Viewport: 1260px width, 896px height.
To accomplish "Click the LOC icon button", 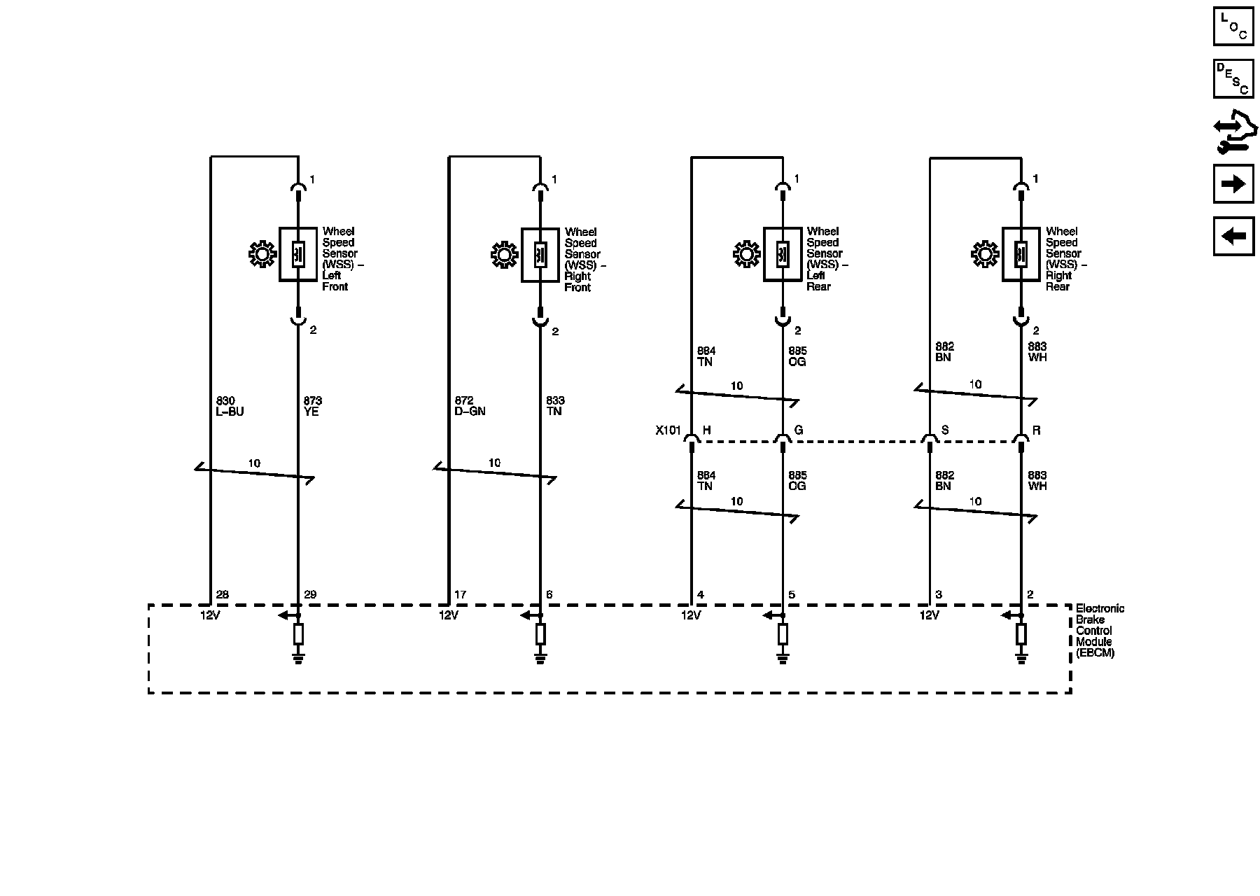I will click(1233, 27).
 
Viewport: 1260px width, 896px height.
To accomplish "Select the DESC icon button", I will click(1233, 78).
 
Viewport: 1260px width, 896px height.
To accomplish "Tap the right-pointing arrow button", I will click(1233, 183).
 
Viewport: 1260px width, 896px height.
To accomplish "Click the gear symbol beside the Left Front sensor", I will click(262, 254).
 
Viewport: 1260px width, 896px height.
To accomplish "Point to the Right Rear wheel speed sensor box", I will click(1021, 254).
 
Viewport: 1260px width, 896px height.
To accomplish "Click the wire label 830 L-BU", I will click(230, 406).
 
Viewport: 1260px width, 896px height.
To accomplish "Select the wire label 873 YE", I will click(312, 406).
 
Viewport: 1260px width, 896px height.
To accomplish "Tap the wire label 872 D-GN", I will click(470, 406).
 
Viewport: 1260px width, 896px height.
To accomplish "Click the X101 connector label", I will click(668, 430).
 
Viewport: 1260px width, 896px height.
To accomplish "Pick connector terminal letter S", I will click(945, 430).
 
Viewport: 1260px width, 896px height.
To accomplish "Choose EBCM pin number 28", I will click(222, 595).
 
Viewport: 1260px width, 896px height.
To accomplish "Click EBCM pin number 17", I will click(460, 595).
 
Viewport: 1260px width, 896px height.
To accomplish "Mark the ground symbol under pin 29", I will click(298, 657).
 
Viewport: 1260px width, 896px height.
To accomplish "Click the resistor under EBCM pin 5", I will click(783, 634).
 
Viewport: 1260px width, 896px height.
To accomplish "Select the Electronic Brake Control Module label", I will click(1100, 630).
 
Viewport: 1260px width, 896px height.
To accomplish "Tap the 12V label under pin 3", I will click(929, 615).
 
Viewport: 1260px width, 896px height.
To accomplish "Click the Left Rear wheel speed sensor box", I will click(782, 254).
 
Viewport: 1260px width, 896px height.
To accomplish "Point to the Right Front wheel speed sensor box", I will click(540, 255).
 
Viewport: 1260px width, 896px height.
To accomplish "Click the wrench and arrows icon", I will click(1234, 132).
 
